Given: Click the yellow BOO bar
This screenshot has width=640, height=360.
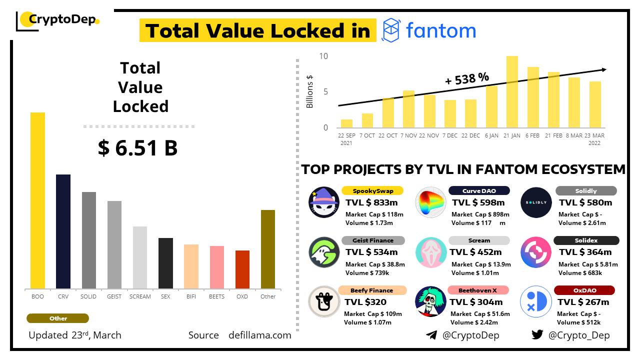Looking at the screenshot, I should click(x=37, y=200).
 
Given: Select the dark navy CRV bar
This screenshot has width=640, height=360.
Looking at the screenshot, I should click(x=63, y=231).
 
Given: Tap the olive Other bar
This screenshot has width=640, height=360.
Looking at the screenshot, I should click(x=268, y=249).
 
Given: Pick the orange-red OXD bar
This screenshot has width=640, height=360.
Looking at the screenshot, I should click(x=242, y=269).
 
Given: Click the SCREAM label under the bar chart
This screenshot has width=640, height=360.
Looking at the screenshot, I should click(x=140, y=296).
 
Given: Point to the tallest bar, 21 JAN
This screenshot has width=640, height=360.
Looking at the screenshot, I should click(x=512, y=91).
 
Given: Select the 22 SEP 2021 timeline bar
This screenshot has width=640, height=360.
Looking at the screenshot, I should click(x=346, y=123).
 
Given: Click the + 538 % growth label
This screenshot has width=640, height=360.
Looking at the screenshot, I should click(x=467, y=78).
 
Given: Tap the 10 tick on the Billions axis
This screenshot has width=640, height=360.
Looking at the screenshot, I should click(x=323, y=56).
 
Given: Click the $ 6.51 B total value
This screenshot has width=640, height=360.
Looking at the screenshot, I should click(x=138, y=148).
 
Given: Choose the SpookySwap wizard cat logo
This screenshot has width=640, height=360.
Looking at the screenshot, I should click(x=324, y=202).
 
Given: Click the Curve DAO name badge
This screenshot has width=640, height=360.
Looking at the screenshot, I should click(x=479, y=190).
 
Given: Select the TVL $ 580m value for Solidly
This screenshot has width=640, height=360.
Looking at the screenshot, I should click(x=585, y=202).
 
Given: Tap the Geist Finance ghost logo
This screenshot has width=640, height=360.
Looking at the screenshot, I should click(x=324, y=252).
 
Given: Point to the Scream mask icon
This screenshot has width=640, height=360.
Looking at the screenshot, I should click(x=431, y=252).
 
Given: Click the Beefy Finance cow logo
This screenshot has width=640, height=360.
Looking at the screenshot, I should click(x=324, y=302).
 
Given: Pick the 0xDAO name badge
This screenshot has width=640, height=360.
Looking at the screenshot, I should click(x=584, y=290).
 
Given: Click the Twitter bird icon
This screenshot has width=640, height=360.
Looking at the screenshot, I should click(x=537, y=335).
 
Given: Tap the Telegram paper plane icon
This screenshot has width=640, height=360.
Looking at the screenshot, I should click(x=431, y=335).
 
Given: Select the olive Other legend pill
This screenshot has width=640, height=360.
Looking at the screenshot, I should click(x=58, y=318).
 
